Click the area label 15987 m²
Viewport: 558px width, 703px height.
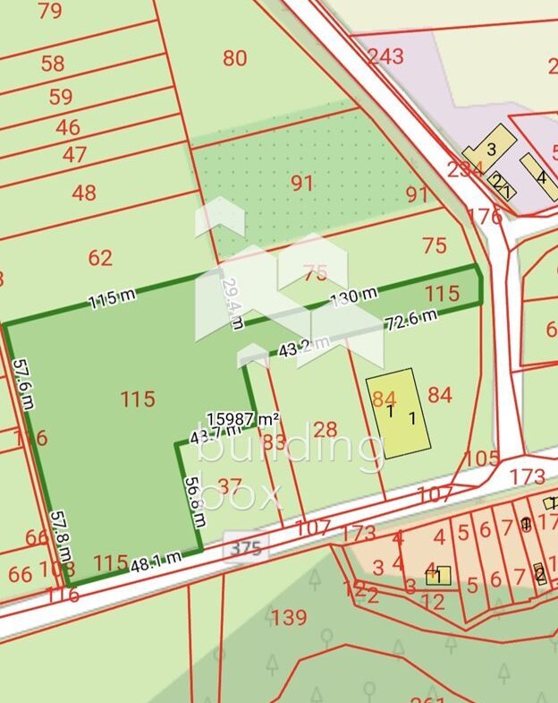pyautogui.click(x=244, y=418)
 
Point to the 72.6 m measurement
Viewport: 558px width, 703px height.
pyautogui.click(x=410, y=320)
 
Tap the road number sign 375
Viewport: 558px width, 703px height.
pyautogui.click(x=244, y=548)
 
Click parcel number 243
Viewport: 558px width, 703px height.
pyautogui.click(x=385, y=56)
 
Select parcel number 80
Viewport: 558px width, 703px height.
pyautogui.click(x=234, y=58)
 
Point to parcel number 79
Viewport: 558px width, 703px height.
pyautogui.click(x=50, y=11)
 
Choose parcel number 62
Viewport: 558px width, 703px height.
pyautogui.click(x=100, y=258)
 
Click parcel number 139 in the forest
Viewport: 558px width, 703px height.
pyautogui.click(x=289, y=616)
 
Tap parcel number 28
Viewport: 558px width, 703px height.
pyautogui.click(x=325, y=429)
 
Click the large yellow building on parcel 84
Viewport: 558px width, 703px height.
pyautogui.click(x=398, y=413)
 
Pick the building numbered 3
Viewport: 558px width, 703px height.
pyautogui.click(x=489, y=148)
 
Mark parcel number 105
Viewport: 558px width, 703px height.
pyautogui.click(x=482, y=458)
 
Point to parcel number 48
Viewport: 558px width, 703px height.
pyautogui.click(x=83, y=193)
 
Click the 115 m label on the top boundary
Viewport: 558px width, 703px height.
pyautogui.click(x=112, y=299)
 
